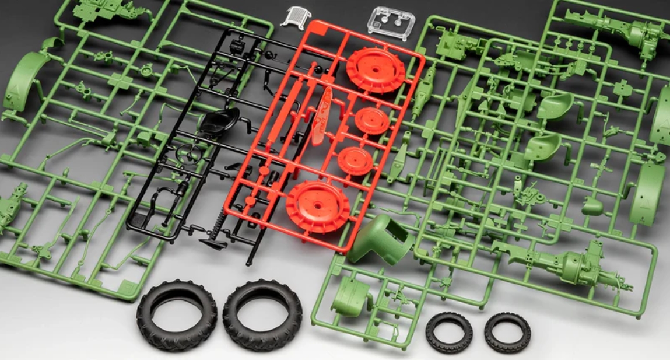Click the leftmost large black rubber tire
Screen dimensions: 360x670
point(177,315)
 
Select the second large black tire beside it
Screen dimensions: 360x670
point(262,314)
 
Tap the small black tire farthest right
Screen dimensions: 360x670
point(507,333)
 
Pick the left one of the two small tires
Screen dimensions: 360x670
point(448,332)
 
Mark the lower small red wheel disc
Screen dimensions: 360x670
point(355,160)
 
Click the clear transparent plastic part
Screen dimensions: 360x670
point(391,22)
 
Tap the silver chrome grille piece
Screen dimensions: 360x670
point(296,16)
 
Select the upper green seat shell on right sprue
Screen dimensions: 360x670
point(554,106)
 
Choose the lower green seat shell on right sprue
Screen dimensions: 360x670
point(542,146)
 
